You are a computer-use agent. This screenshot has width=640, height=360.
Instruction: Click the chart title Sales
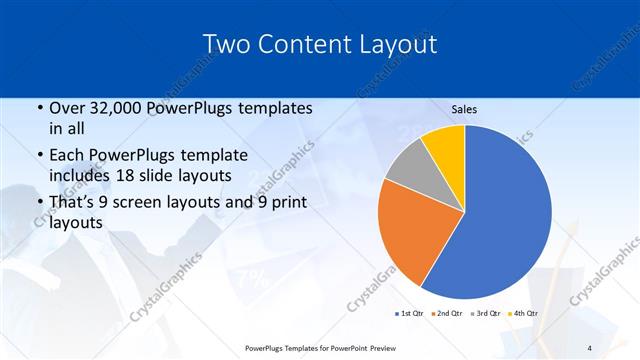pyautogui.click(x=464, y=108)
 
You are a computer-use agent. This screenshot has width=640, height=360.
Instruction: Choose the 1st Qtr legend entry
pyautogui.click(x=410, y=314)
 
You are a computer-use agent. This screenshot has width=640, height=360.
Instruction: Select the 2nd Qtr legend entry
pyautogui.click(x=446, y=314)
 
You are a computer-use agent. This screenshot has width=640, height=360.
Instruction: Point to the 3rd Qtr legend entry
pyautogui.click(x=483, y=314)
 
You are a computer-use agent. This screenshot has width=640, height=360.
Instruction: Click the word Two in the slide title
pyautogui.click(x=228, y=44)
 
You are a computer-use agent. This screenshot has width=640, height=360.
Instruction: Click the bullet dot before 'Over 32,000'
pyautogui.click(x=39, y=108)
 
